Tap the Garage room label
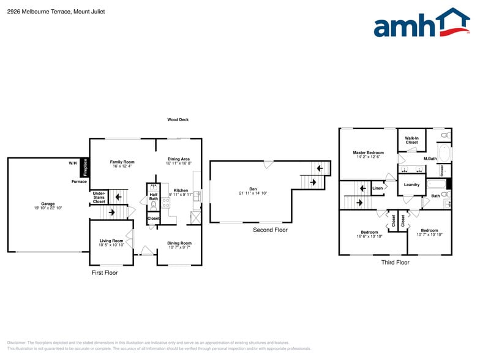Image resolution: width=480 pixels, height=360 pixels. (48, 204)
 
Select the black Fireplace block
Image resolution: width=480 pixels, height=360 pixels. (86, 167)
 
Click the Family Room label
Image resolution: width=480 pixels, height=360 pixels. (122, 162)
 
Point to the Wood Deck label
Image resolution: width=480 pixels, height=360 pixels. (178, 120)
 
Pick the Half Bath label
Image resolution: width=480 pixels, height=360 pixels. (154, 197)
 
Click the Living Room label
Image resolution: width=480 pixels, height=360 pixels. (111, 241)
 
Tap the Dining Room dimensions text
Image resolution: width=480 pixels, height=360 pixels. (179, 247)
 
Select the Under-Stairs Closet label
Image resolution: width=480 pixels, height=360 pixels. (99, 197)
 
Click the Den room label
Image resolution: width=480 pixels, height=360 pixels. (253, 189)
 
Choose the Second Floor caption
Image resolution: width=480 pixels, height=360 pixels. (270, 230)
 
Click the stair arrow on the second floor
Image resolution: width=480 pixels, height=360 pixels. (313, 182)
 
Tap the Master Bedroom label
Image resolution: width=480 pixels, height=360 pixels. (368, 152)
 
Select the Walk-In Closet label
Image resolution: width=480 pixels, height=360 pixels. (411, 140)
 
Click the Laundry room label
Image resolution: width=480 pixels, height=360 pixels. (411, 184)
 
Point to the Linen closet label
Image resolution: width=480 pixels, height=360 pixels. (377, 188)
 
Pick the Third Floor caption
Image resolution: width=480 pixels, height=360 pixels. (395, 263)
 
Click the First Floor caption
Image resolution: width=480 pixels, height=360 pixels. (104, 272)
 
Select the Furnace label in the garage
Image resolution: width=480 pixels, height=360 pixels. (79, 182)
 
